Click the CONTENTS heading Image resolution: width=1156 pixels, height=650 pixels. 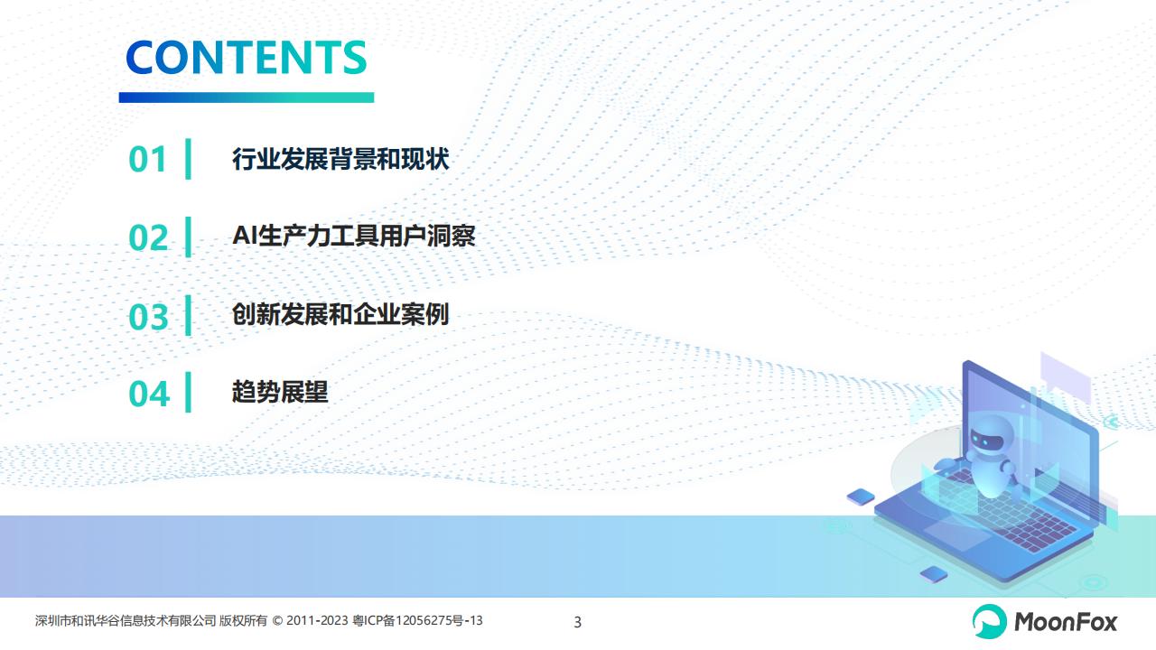pos(247,57)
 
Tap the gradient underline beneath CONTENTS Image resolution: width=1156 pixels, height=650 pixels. pos(247,97)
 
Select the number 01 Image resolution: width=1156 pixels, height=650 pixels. pos(147,159)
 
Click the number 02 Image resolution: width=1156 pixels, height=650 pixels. pos(148,237)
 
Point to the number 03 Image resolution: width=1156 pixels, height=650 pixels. pos(148,317)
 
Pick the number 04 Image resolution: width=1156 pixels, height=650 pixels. pos(149,395)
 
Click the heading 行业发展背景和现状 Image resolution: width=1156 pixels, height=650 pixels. pos(340,158)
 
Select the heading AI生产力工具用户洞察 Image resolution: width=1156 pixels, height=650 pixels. pos(354,236)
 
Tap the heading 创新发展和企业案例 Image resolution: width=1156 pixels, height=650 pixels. pos(340,314)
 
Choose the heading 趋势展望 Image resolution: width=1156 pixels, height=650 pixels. pos(280,392)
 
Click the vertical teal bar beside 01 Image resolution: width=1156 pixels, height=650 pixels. pos(189,159)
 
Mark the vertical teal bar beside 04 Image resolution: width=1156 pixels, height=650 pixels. pos(189,392)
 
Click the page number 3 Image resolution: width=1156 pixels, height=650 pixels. pos(577,622)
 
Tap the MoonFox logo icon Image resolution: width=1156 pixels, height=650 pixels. pos(989,621)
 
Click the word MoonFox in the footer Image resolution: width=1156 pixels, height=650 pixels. pos(1065,622)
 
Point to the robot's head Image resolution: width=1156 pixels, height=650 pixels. pos(989,436)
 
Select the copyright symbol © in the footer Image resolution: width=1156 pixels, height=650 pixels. pos(277,620)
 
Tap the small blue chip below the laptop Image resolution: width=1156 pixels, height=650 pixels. pos(934,573)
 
